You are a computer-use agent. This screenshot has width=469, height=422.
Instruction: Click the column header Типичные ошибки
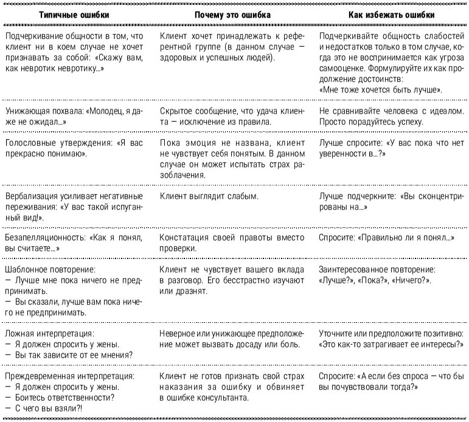75,14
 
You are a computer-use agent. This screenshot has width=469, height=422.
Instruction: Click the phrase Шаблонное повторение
50,269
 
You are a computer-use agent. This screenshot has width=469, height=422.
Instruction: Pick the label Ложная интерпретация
49,334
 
